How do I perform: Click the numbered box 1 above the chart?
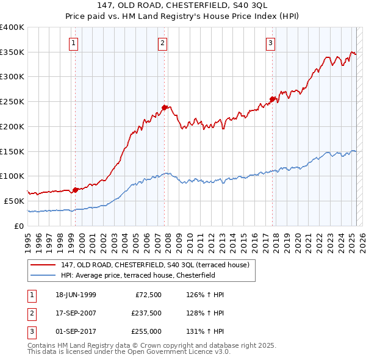click(73, 43)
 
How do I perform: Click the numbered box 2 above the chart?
click(163, 43)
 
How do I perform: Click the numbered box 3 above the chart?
click(270, 43)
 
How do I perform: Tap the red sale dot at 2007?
click(164, 107)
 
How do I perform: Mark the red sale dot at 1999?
click(75, 190)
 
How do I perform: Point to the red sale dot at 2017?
click(273, 99)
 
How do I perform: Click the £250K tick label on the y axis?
click(12, 101)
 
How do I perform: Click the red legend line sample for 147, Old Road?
click(44, 265)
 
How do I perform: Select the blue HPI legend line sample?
click(44, 275)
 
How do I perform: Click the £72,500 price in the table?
click(146, 295)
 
